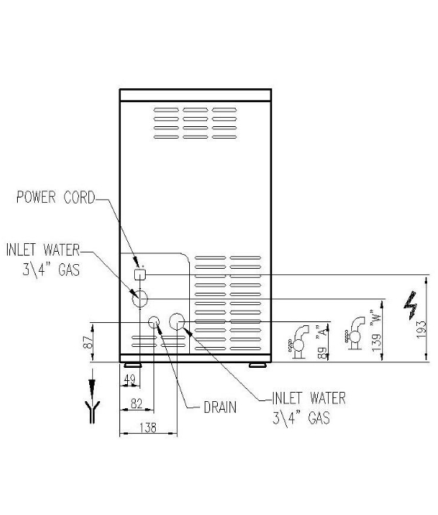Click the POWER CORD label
pos(56,197)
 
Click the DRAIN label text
pos(220,407)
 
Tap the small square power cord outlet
pos(140,274)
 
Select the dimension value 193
pos(421,329)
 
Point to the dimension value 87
pos(88,342)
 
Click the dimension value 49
pos(129,379)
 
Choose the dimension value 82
pos(136,403)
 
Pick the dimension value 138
pos(148,427)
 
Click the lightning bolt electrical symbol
pos(411,305)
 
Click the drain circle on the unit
pos(154,322)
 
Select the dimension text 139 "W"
pos(376,330)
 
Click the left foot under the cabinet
pos(133,365)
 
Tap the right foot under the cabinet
pos(257,365)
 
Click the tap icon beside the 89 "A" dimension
pos(298,342)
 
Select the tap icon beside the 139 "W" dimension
pos(354,334)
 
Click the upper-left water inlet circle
pos(140,299)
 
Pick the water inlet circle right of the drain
pos(178,321)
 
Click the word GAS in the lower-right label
pos(319,417)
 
